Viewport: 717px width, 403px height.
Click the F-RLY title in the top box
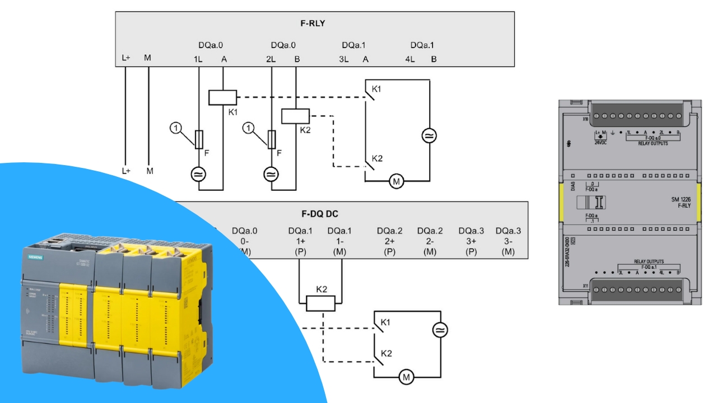click(x=313, y=24)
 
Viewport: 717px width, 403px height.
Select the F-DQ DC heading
click(x=320, y=214)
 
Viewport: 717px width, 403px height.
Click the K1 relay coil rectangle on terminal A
click(x=223, y=97)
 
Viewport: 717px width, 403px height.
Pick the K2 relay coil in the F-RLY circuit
click(x=295, y=116)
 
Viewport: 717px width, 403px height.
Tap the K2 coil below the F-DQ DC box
click(x=320, y=303)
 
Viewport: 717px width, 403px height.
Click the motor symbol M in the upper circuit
click(x=397, y=181)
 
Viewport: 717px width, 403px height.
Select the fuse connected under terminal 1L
click(x=199, y=139)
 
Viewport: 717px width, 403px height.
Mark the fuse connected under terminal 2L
click(x=272, y=139)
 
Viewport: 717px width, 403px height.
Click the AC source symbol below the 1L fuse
click(x=199, y=174)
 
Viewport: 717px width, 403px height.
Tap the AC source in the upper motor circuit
click(x=430, y=135)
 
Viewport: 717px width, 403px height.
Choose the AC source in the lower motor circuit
click(x=440, y=330)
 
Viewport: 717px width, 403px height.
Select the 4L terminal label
click(x=410, y=58)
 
